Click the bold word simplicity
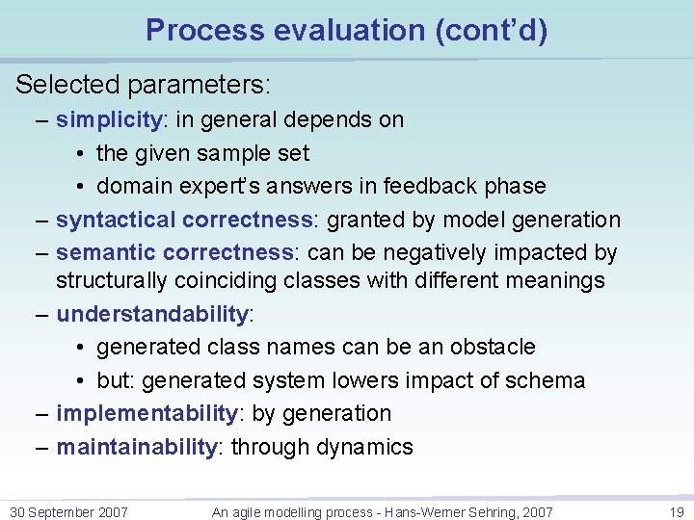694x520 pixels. [108, 120]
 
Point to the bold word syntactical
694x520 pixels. [117, 220]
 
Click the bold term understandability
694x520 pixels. [152, 314]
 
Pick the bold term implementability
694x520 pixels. [147, 414]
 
